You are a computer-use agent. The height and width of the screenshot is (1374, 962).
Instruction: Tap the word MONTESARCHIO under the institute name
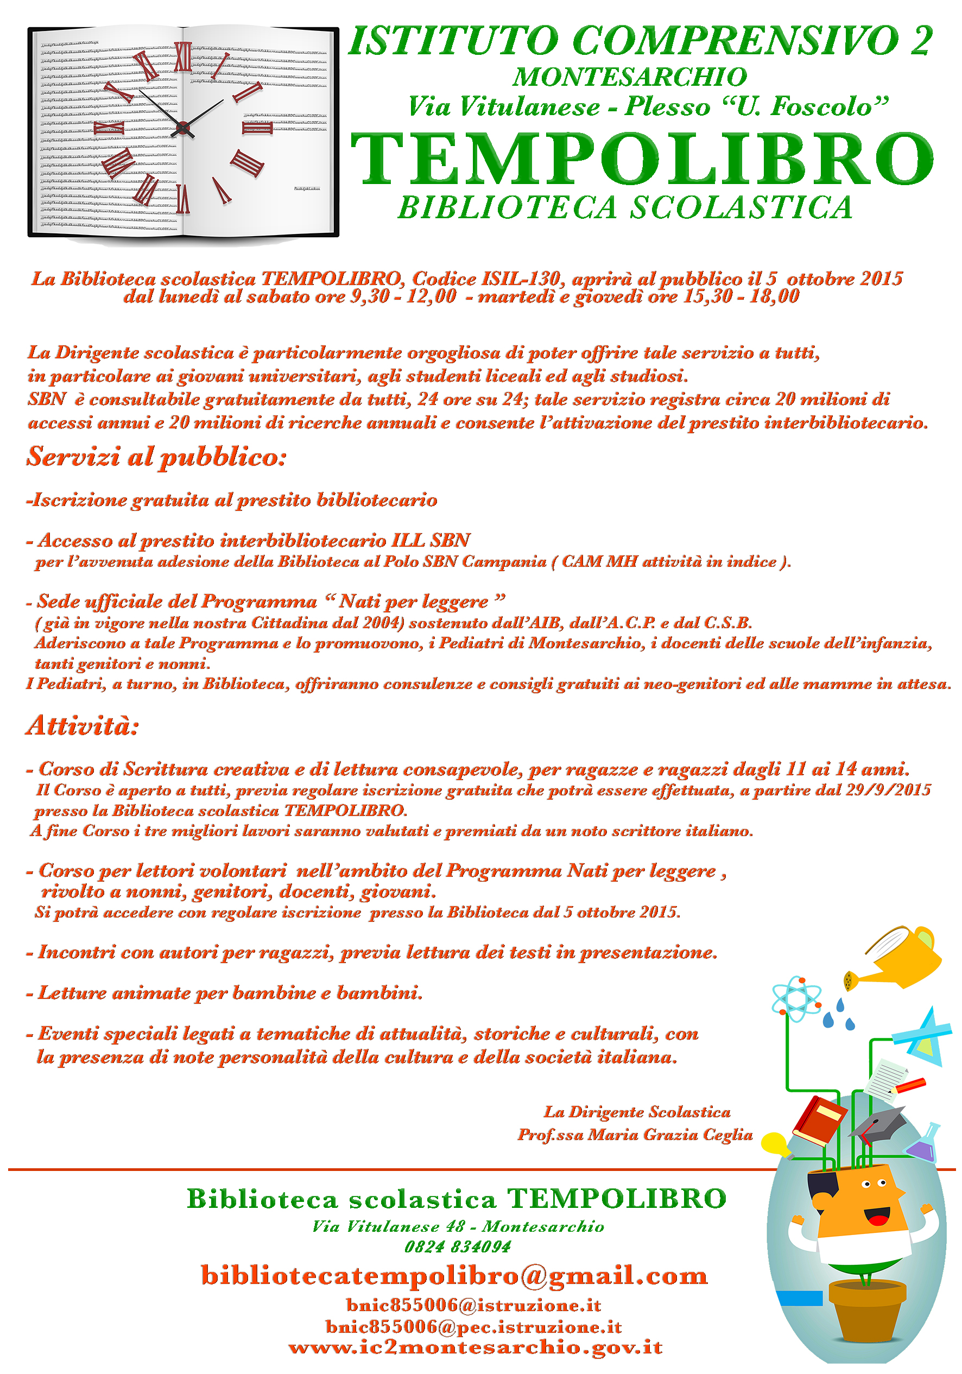[629, 77]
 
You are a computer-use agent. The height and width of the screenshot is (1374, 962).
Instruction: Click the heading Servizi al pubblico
[156, 457]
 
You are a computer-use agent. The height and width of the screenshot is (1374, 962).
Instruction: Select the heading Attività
[83, 725]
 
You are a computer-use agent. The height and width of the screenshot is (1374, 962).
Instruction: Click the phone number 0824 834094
[457, 1246]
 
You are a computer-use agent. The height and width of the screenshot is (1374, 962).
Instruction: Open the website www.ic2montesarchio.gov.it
[476, 1347]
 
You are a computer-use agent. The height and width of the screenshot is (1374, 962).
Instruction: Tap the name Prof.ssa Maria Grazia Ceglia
[635, 1135]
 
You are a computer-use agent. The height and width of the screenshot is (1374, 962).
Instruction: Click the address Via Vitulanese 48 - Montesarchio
[457, 1226]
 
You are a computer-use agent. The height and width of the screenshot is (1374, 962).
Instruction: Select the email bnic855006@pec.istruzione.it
[473, 1326]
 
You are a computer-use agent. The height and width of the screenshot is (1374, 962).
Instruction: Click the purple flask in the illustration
[922, 1144]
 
